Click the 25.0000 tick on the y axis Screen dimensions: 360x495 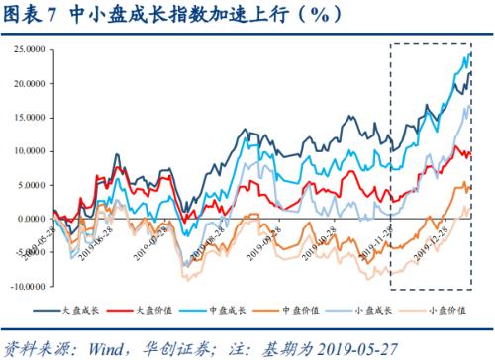click(x=30, y=49)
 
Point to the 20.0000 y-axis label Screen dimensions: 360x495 click(x=30, y=84)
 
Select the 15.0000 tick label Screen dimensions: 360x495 click(x=30, y=117)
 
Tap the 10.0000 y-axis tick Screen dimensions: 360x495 click(x=30, y=151)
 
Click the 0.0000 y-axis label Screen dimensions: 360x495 click(x=33, y=219)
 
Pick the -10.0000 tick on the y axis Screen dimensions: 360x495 click(x=28, y=286)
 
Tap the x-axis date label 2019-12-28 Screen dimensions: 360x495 click(x=431, y=240)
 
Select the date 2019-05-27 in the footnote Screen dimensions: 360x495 click(x=433, y=347)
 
